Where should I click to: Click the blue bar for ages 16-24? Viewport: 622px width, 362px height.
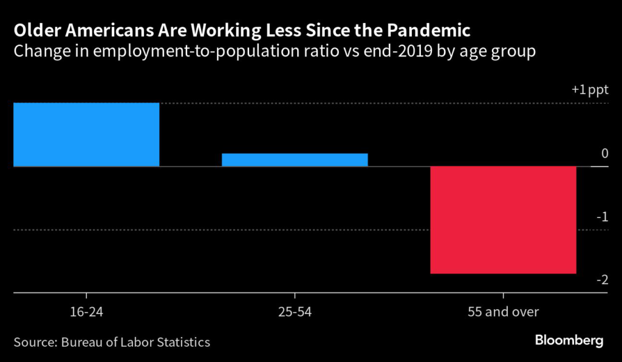coord(86,134)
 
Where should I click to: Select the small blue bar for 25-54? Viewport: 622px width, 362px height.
coord(295,160)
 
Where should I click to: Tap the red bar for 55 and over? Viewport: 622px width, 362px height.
coord(503,220)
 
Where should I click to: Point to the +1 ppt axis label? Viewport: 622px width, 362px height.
coord(590,90)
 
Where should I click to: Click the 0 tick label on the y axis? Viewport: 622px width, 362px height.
coord(604,154)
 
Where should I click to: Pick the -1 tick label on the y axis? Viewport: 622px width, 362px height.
coord(602,217)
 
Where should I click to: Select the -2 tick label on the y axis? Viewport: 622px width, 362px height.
coord(602,280)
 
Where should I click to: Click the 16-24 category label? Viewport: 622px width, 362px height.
coord(86,312)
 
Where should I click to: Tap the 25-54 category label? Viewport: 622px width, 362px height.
coord(295,312)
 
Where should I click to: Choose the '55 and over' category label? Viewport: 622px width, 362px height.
coord(504,312)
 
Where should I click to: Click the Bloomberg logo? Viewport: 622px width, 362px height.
coord(569,340)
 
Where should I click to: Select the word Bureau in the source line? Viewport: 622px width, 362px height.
coord(83,342)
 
